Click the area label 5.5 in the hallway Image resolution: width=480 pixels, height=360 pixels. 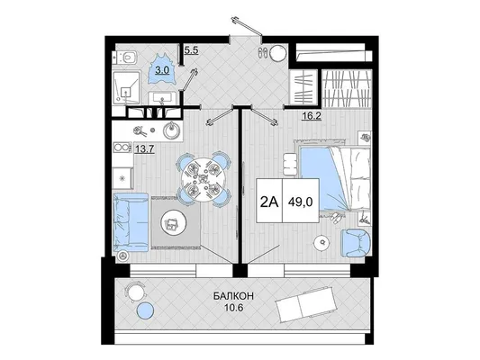point(191,50)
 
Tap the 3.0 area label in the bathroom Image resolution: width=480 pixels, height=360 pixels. point(161,70)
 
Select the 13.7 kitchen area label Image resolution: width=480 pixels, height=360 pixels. point(144,149)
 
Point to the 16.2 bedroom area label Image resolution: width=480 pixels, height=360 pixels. point(312,116)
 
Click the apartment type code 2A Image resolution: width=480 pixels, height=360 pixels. point(269,202)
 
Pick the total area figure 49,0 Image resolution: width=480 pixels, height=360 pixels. point(300,202)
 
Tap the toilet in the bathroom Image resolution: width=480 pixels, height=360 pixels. point(125,57)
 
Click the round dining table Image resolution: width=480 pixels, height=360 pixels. point(202,178)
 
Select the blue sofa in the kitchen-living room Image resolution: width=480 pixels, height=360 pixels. point(131,222)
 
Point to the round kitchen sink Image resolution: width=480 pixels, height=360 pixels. point(172,130)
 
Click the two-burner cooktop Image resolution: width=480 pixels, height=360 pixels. point(122,148)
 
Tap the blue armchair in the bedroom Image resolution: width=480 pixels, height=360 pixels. point(355,243)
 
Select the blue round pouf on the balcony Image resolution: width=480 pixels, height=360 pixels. point(145,310)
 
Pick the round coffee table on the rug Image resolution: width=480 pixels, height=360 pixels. point(175,224)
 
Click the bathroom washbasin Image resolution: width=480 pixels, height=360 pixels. point(162,98)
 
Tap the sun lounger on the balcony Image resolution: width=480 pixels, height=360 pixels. point(306,303)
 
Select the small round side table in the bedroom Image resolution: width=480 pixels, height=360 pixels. point(322,242)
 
